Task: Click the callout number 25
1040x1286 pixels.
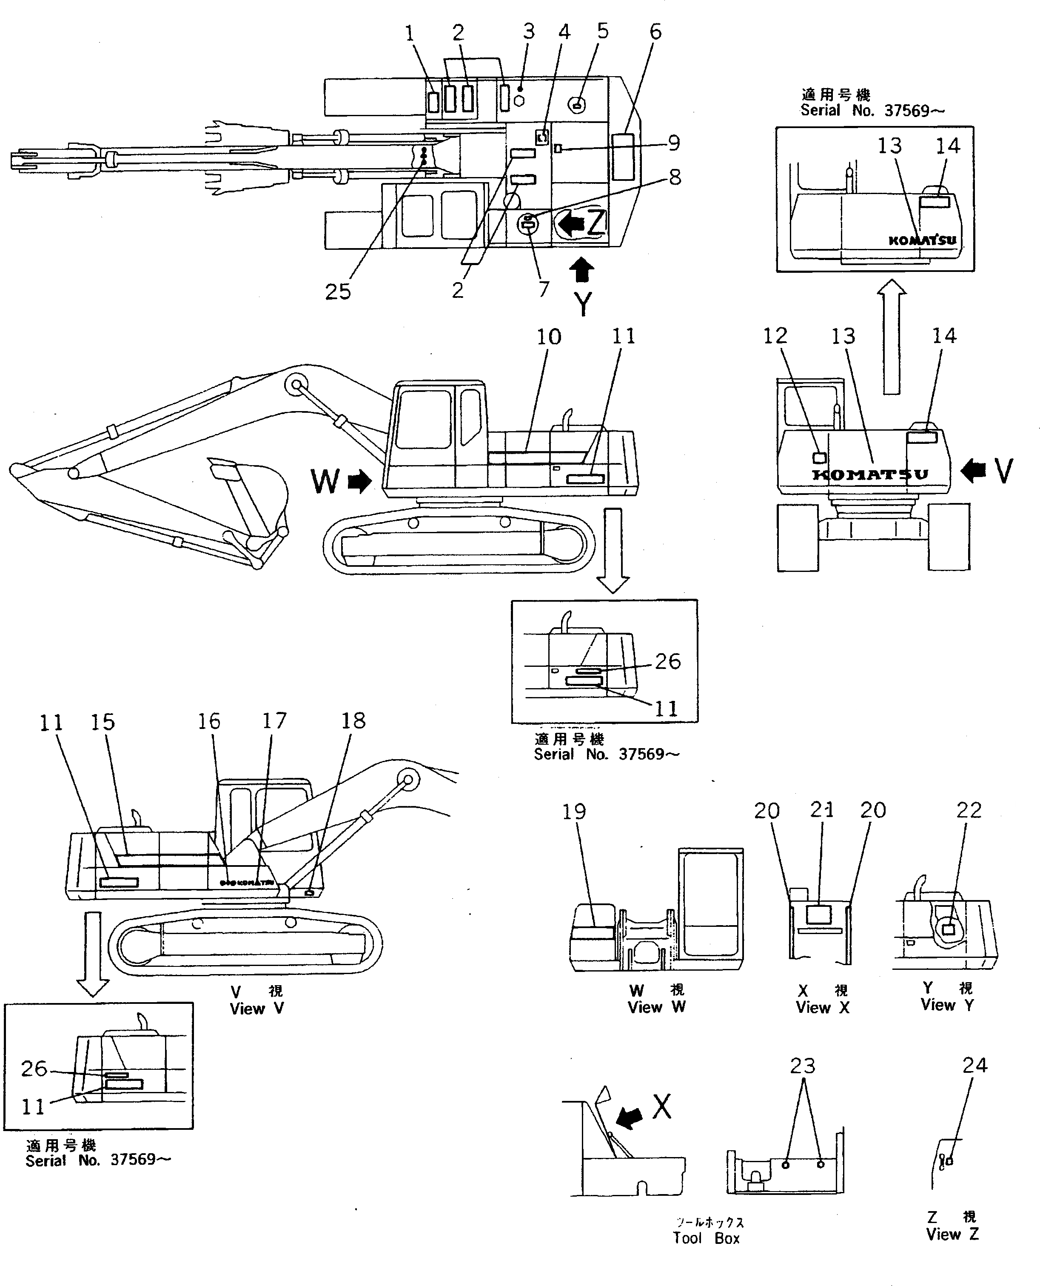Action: coord(337,292)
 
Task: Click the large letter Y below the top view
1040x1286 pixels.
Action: coord(582,304)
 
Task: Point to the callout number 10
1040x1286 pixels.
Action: coord(548,337)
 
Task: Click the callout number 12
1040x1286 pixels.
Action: coord(774,336)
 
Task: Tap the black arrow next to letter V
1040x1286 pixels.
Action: coord(974,470)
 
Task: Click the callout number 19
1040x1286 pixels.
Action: coord(573,812)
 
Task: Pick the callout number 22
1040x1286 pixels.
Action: coord(969,810)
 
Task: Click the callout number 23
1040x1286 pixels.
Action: coord(802,1066)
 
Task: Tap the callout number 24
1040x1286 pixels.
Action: coord(974,1065)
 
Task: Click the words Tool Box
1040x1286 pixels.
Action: coord(707,1238)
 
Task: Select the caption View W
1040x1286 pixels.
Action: coord(656,1007)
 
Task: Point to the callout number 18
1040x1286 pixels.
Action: coord(353,720)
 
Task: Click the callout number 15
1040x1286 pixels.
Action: coord(103,722)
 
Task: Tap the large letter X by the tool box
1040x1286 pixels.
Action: coord(661,1107)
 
